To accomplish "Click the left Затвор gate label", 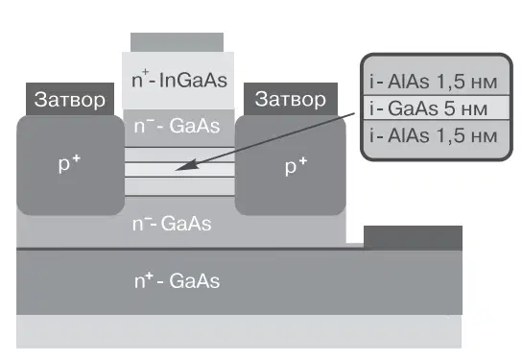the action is coord(70,100).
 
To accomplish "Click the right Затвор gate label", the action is coord(291,99).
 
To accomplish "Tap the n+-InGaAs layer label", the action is coord(179,80).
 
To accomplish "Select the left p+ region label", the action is coord(70,163).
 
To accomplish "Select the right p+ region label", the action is coord(296,165).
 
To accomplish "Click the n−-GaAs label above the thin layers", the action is coord(177,126).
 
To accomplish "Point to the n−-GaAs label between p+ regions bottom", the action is coord(172,223).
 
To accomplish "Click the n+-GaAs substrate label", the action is coord(178,280).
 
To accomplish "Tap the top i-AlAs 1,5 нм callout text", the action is coord(434,82).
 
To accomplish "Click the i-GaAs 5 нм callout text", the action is coord(429,108).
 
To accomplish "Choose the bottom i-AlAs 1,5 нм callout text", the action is coord(434,135).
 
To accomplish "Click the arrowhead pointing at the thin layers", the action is coord(182,166).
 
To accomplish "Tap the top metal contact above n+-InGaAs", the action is coord(177,42).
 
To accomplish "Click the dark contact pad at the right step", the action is coord(413,238).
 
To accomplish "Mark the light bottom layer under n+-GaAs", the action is coord(239,331).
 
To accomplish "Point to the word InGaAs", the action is coord(193,81).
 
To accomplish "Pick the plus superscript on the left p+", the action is coord(76,158).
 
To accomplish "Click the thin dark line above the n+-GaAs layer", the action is coord(190,249).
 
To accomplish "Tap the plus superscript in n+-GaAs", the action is coord(149,276).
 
